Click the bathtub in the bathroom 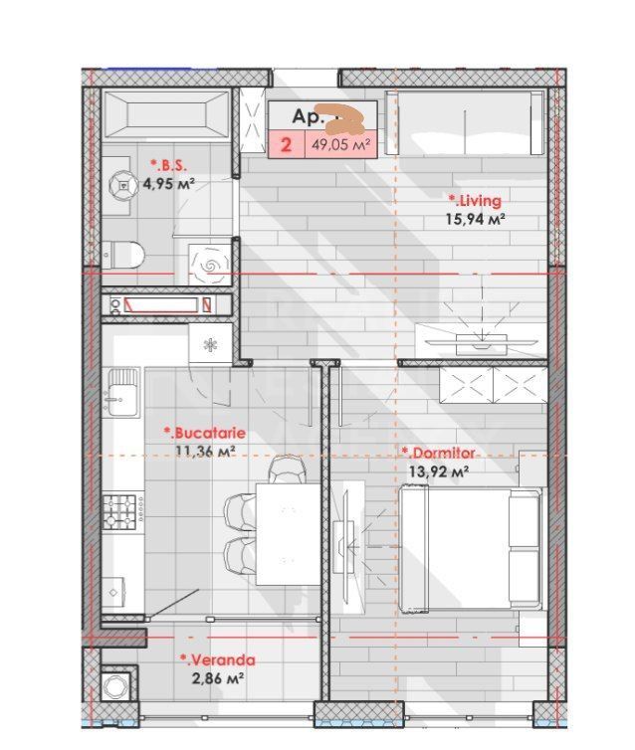click(166, 112)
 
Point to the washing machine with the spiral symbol click(211, 264)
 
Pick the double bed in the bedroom click(470, 548)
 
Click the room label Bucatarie click(204, 434)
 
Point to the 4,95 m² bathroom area click(167, 183)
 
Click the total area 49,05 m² click(341, 145)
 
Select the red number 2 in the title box click(287, 145)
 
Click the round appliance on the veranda click(118, 684)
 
